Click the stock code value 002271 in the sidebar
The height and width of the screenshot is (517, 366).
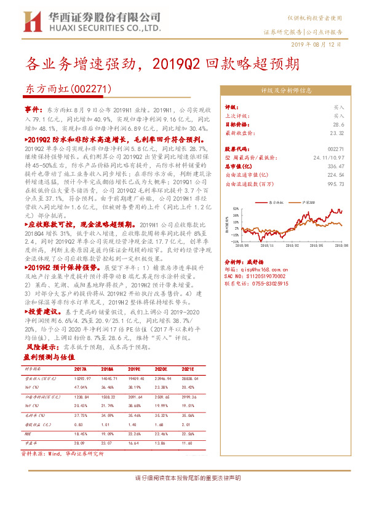336,149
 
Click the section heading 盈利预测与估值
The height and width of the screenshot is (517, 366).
49,357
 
